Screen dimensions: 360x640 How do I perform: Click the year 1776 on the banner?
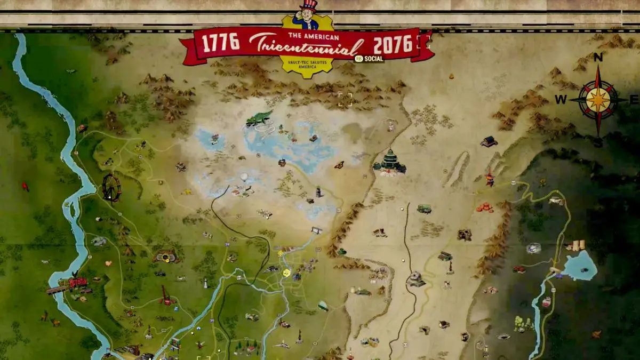tap(221, 43)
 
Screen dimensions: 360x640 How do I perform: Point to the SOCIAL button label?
tap(369, 59)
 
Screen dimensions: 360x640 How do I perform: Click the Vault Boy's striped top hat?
tap(308, 6)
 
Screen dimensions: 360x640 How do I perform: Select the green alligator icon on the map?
tap(259, 117)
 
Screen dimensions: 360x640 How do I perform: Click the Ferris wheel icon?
tap(111, 187)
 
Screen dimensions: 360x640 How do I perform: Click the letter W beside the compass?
tap(561, 99)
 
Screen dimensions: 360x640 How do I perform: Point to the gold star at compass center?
tap(598, 100)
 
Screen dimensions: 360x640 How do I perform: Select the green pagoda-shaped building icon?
tap(390, 162)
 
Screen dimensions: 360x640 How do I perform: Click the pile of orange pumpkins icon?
tap(485, 207)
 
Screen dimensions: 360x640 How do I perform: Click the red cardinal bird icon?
tap(25, 186)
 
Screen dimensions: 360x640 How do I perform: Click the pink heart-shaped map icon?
tap(109, 263)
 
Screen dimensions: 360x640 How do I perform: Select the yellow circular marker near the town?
tap(286, 273)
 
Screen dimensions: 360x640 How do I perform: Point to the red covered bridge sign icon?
tap(78, 282)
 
